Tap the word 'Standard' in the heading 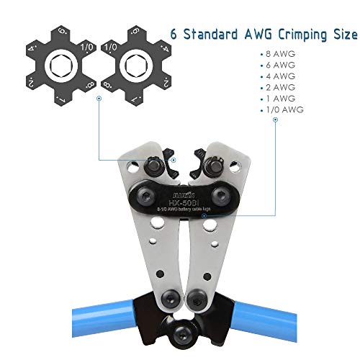click(x=211, y=35)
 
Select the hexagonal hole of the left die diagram click(x=58, y=68)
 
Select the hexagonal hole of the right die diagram click(x=135, y=68)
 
